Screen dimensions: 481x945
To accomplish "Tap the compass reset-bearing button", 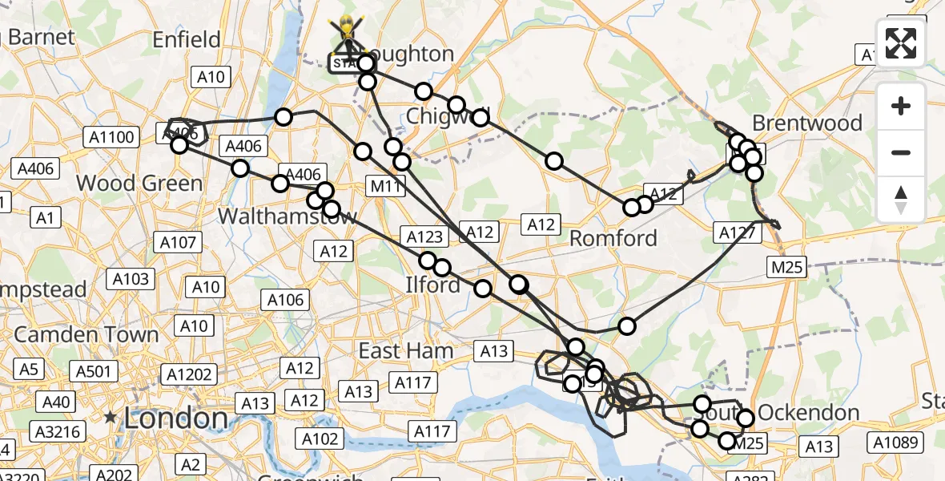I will (x=901, y=200).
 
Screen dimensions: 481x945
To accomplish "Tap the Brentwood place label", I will (x=807, y=123).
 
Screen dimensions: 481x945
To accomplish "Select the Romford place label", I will (x=613, y=238).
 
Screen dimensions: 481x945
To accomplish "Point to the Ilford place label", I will (x=432, y=284).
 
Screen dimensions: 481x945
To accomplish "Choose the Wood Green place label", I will (x=139, y=183).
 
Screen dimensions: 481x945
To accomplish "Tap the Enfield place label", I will (x=187, y=39).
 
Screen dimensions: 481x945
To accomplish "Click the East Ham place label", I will (x=405, y=350).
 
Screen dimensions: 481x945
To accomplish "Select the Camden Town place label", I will (x=87, y=334).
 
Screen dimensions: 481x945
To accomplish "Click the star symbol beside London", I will (x=111, y=418).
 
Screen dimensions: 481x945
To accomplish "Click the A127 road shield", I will (x=738, y=232).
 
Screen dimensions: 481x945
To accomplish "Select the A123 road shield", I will (x=424, y=236).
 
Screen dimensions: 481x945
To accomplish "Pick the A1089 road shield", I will (x=896, y=441).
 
